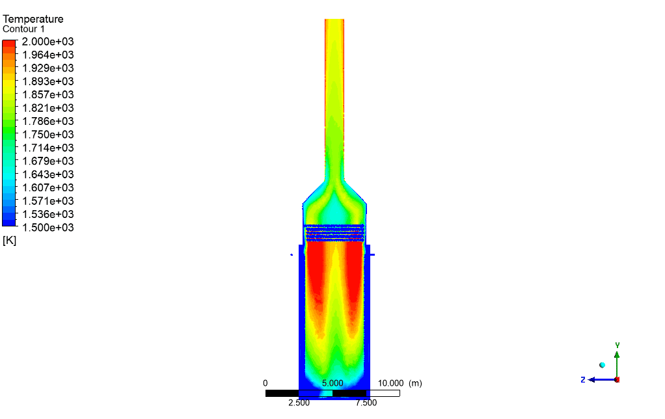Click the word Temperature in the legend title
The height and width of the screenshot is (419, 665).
pyautogui.click(x=33, y=19)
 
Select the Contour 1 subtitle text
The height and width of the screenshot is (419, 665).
pyautogui.click(x=23, y=29)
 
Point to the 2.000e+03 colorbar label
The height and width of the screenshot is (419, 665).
pyautogui.click(x=48, y=42)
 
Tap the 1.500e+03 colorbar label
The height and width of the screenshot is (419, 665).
pyautogui.click(x=48, y=227)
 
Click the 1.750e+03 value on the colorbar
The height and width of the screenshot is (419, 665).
pyautogui.click(x=48, y=135)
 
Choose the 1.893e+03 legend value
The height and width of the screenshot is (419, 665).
pyautogui.click(x=48, y=81)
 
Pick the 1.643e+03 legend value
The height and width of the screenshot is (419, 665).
pyautogui.click(x=48, y=174)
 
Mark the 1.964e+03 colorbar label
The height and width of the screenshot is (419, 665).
pyautogui.click(x=48, y=55)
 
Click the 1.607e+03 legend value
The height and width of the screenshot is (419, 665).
pyautogui.click(x=48, y=187)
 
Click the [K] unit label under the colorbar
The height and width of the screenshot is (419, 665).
pyautogui.click(x=9, y=241)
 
